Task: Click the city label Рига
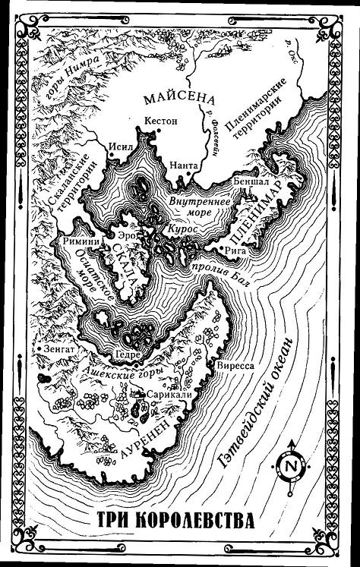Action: tap(235, 247)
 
